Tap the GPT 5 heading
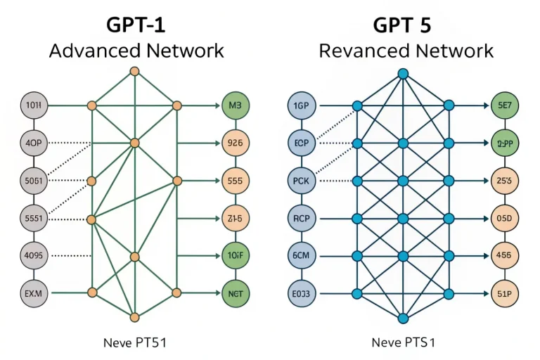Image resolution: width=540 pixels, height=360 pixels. coord(403,25)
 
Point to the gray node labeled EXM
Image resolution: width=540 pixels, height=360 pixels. coord(34,292)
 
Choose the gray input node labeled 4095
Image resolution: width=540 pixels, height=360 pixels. coord(34,255)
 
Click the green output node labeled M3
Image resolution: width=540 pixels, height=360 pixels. coord(235,106)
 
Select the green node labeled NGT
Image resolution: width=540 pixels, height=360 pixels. coord(235,292)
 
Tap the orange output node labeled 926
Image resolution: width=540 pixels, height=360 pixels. coord(235,143)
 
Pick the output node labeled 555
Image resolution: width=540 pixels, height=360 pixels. coord(235,181)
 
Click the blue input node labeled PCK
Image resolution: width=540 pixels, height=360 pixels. coord(303,181)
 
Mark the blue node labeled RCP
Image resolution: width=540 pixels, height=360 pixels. coord(303,218)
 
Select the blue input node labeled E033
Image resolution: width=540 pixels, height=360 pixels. coord(303,292)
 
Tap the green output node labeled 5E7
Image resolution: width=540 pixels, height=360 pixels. coord(504,106)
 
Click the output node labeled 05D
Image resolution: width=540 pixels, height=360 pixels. coord(504,218)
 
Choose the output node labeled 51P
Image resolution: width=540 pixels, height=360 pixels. coord(504,292)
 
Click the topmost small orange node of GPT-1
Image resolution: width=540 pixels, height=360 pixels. coord(134,72)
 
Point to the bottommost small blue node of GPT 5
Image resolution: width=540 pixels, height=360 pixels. coord(403,317)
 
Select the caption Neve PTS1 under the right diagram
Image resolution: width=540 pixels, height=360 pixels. coord(403,343)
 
